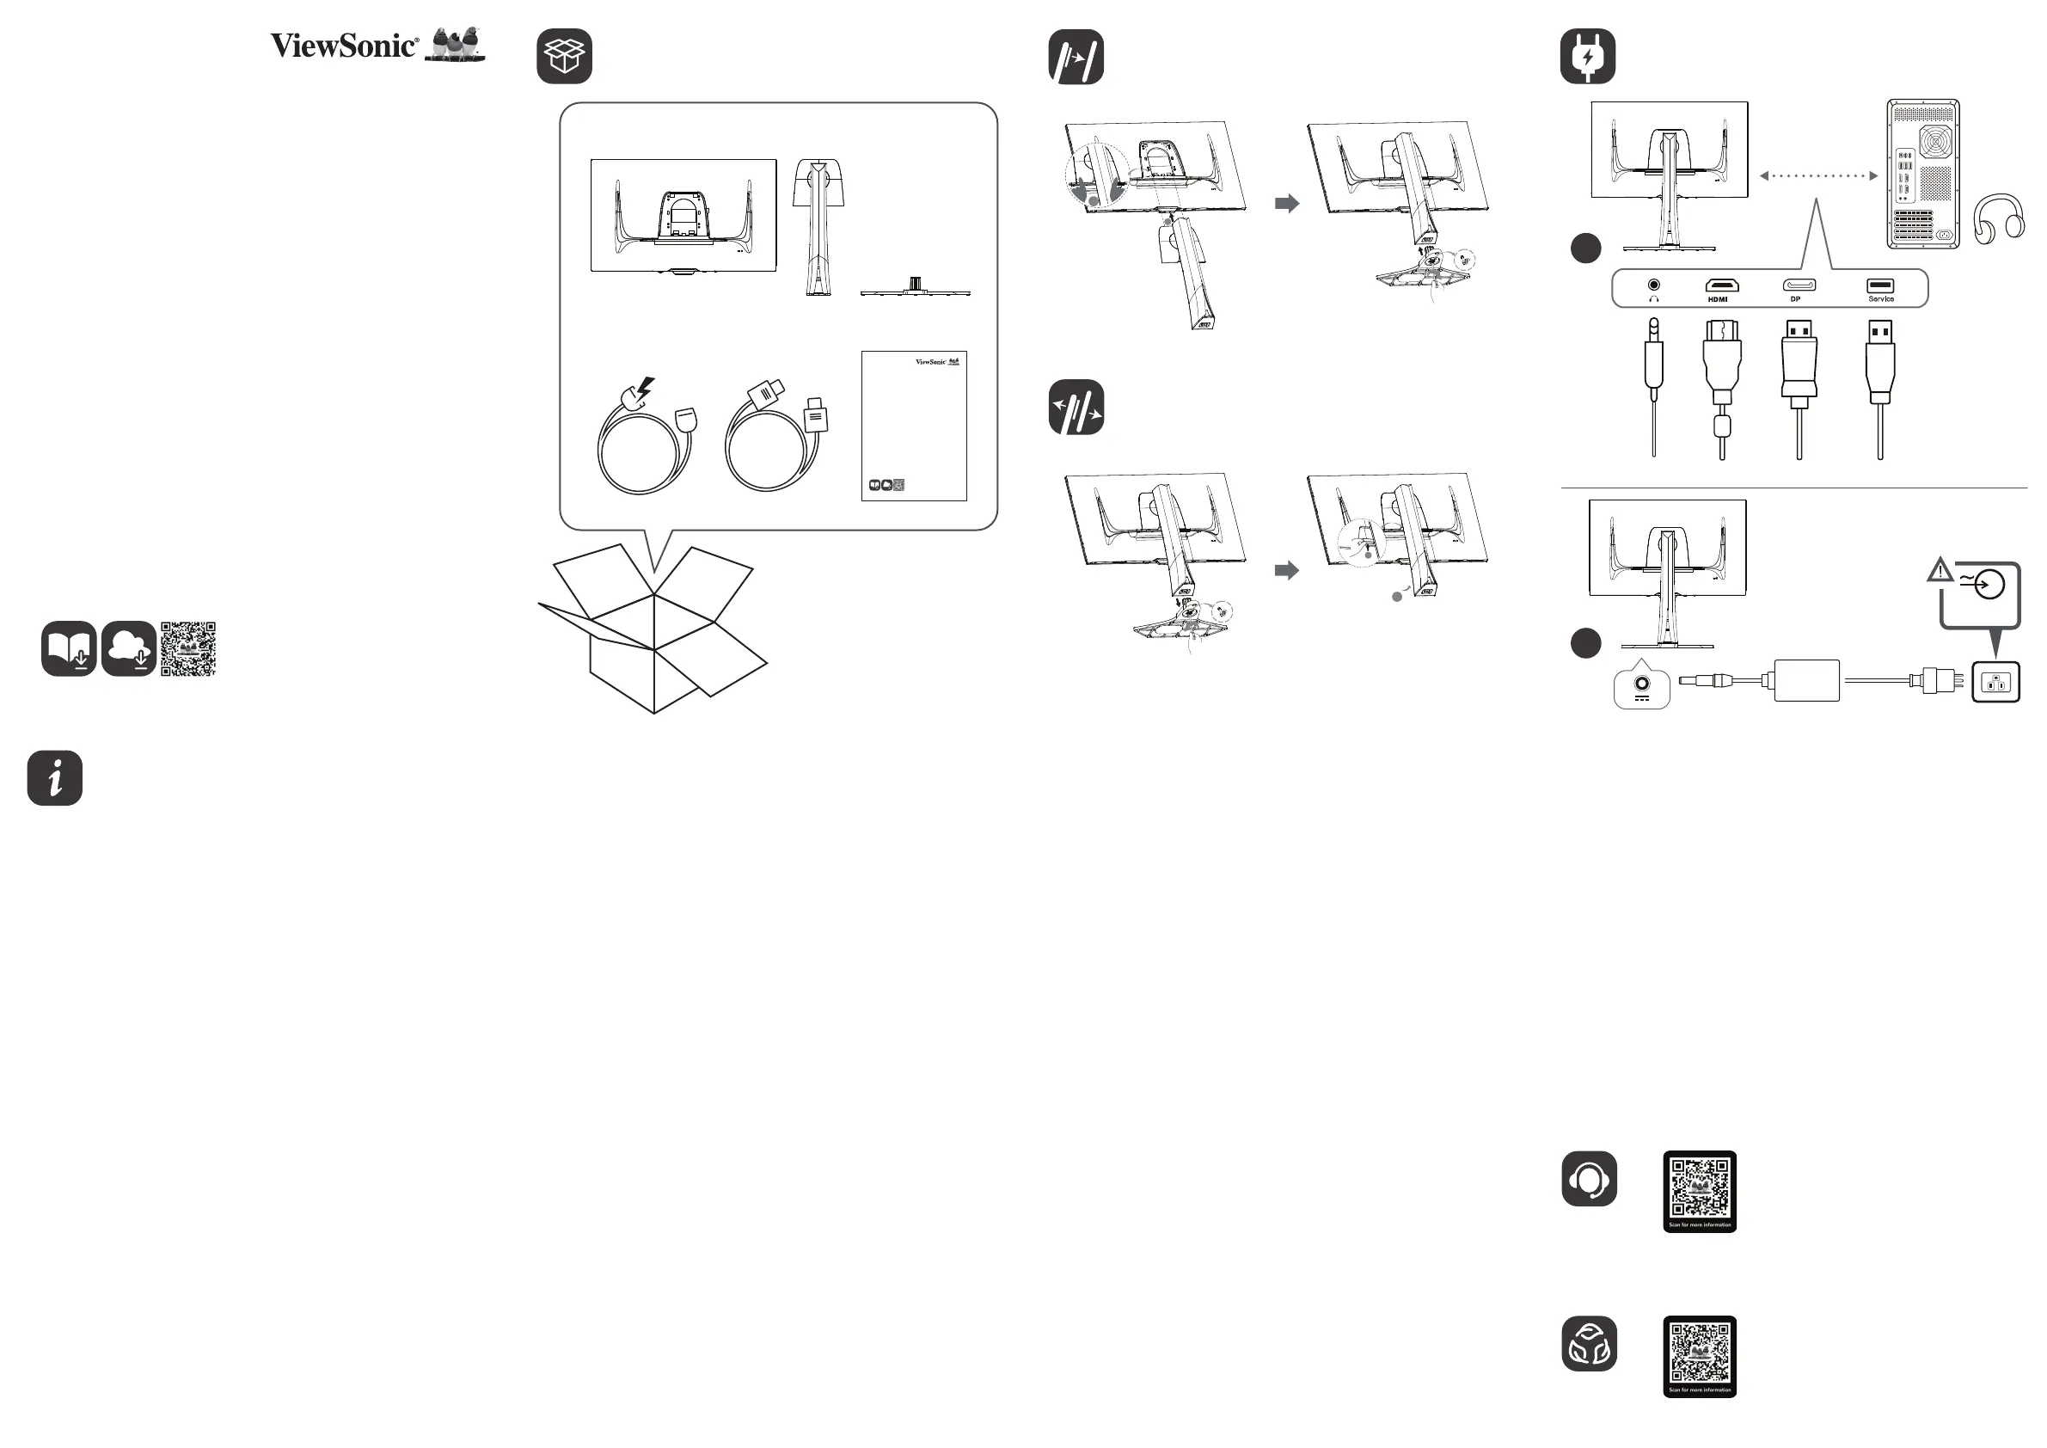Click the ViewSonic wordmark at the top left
(x=344, y=46)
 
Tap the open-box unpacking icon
(x=564, y=56)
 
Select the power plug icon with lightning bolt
(x=1588, y=56)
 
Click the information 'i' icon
(x=55, y=778)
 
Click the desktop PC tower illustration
(x=1922, y=174)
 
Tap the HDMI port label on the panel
(x=1718, y=299)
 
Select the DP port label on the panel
(x=1796, y=299)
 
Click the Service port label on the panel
(x=1881, y=299)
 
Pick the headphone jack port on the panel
(x=1654, y=285)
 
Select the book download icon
(x=69, y=649)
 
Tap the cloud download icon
(x=129, y=649)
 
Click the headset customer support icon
(x=1589, y=1180)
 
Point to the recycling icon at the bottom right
(x=1589, y=1345)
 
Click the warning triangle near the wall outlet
(x=1940, y=571)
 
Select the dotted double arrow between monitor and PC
(x=1819, y=175)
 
